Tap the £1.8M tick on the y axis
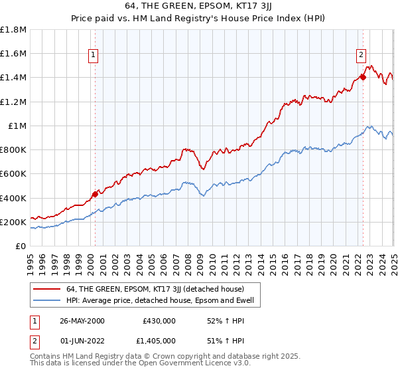click(13, 30)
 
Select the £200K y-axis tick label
click(13, 223)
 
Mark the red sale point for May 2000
click(95, 194)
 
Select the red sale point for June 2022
click(363, 77)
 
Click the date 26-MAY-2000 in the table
click(82, 320)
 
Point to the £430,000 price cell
click(159, 320)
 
